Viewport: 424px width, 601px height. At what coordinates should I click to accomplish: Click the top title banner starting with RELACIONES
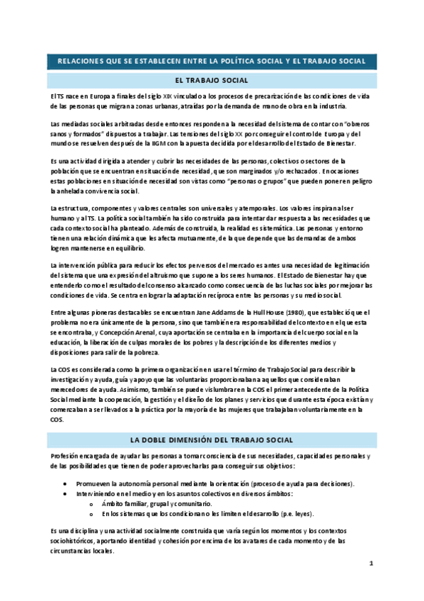point(211,61)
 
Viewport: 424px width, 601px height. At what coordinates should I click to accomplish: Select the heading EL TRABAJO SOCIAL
point(211,80)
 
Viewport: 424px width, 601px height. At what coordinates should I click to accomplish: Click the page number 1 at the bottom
point(370,563)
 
